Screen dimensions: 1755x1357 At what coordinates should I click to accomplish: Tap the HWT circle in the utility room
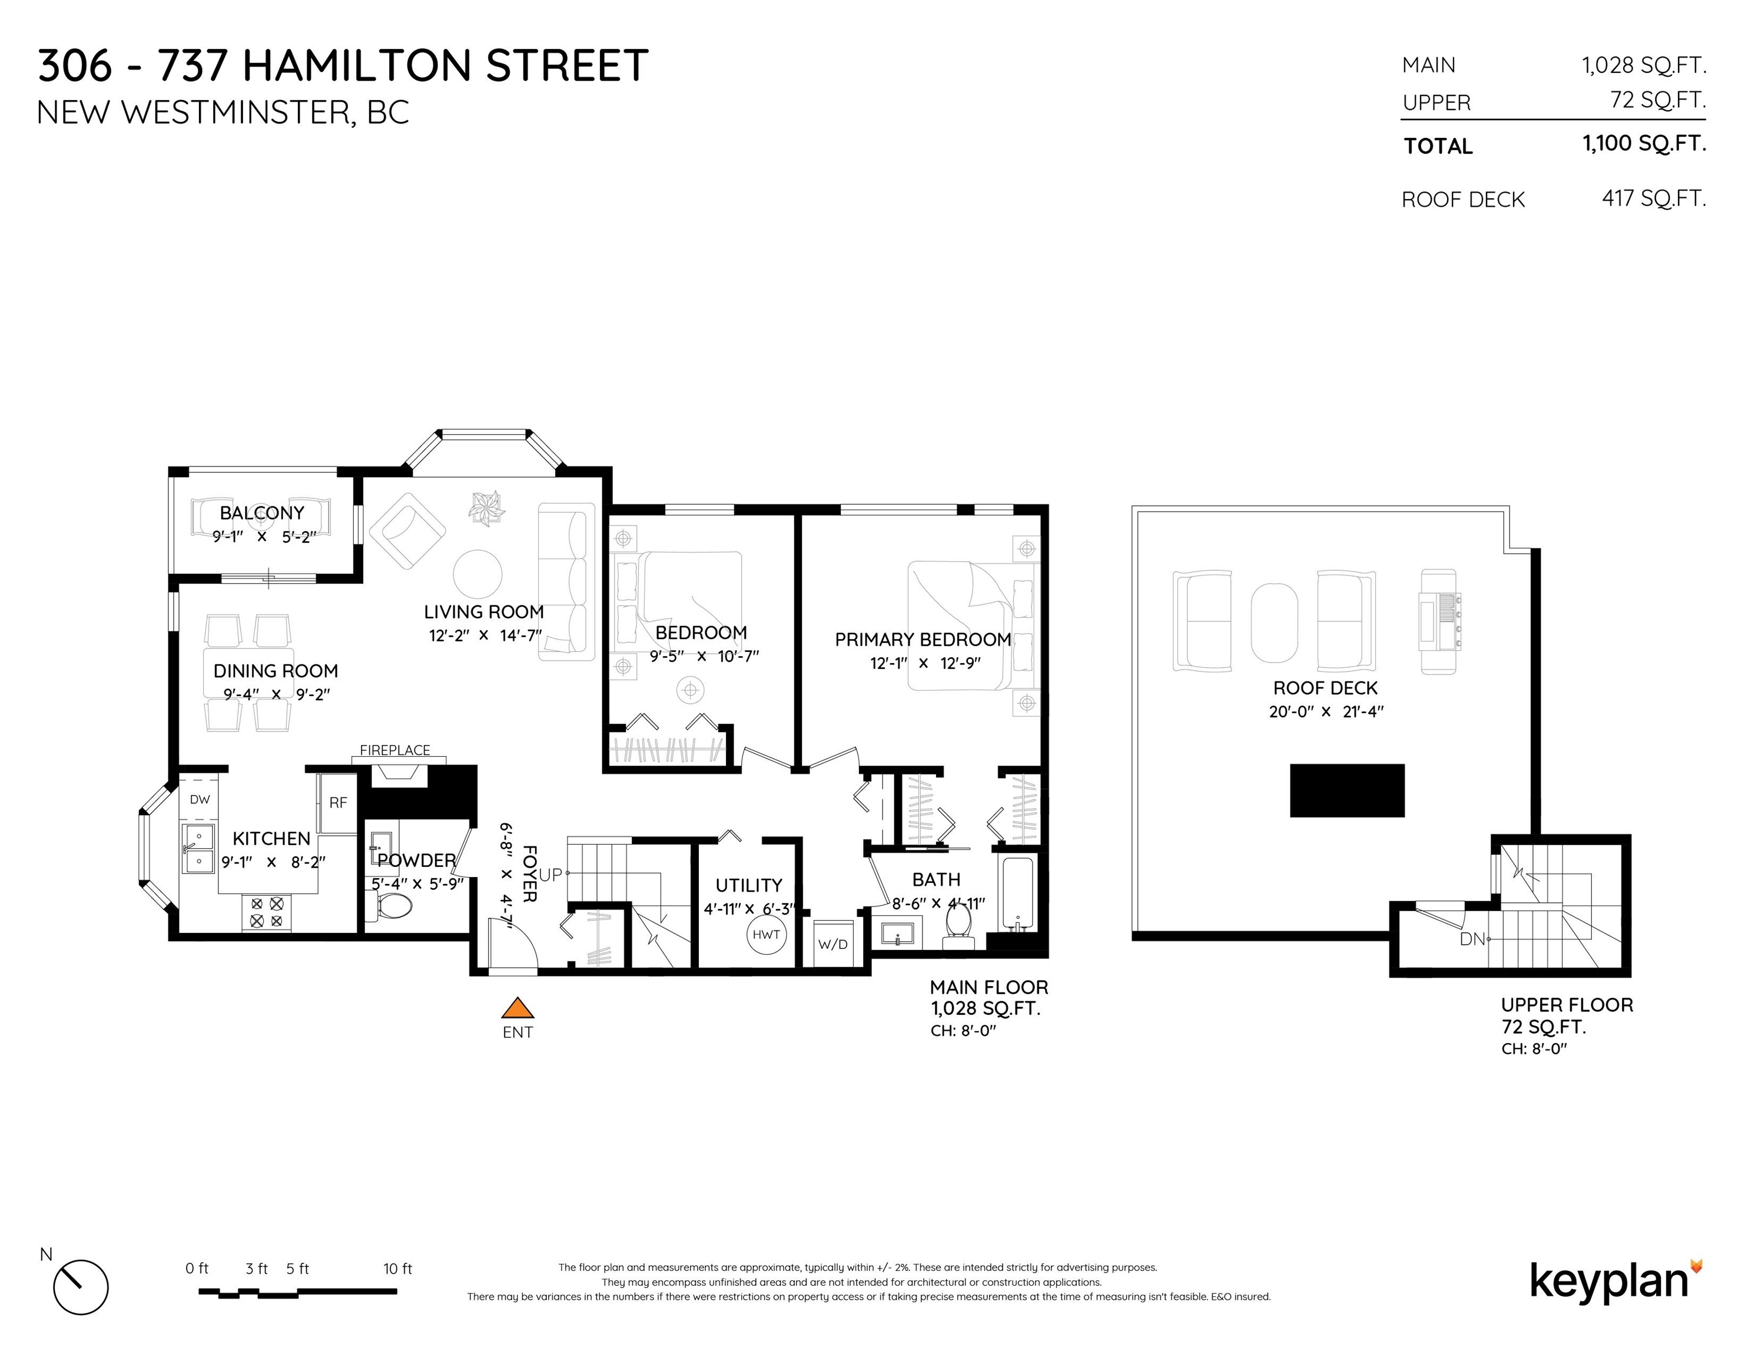[766, 934]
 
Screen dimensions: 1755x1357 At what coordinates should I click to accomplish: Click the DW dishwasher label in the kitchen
[200, 799]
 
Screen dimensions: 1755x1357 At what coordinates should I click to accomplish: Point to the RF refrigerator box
[337, 802]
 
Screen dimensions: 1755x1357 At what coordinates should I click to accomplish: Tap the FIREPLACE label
[394, 750]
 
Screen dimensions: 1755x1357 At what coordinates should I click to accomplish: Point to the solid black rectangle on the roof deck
[1347, 790]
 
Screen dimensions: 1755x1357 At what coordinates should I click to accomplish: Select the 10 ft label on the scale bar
[398, 1269]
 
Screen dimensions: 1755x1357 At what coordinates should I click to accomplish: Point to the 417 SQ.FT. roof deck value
[1654, 198]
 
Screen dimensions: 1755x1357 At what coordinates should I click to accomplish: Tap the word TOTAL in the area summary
[1438, 146]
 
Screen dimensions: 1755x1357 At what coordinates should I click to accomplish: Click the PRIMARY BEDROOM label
[923, 639]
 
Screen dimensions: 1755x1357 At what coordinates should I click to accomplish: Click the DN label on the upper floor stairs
[1472, 939]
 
